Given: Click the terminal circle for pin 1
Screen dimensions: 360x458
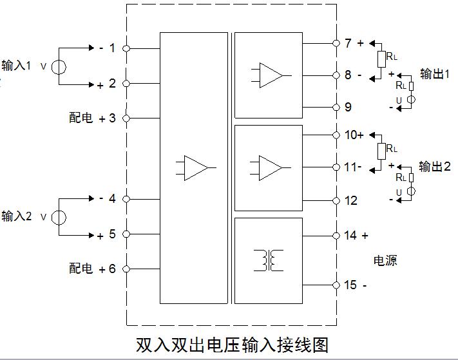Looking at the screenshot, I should coord(126,48).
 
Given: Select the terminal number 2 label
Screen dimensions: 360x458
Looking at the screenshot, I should coord(112,83).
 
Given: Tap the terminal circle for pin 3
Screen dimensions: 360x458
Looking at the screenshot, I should coord(126,118).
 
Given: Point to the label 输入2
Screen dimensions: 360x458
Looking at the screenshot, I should coord(17,216).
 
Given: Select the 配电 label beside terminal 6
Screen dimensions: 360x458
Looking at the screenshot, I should coord(81,269).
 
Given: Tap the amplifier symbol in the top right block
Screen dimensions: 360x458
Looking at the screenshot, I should coord(270,74).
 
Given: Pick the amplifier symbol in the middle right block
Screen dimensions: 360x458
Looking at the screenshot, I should coord(270,167).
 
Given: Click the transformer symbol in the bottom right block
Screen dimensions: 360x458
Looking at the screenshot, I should coord(269,260).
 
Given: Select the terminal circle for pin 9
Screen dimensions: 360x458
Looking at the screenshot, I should coord(336,106).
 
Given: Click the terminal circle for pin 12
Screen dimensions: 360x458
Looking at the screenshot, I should coord(336,200).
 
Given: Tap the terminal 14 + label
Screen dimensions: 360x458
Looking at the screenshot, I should coord(356,236).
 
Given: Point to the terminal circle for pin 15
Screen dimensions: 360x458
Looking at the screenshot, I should coord(336,285).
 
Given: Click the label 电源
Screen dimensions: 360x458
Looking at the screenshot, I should coord(386,261).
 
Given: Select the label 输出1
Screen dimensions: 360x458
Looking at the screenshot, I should coord(435,74).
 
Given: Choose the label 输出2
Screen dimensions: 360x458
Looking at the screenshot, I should coord(435,167).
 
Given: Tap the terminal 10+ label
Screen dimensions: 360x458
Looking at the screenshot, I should coord(354,135).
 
